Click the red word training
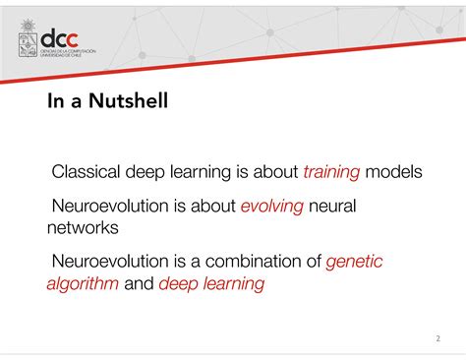click(x=331, y=173)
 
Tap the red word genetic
click(x=354, y=263)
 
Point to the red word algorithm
click(x=83, y=285)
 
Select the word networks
click(x=83, y=228)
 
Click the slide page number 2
click(x=437, y=339)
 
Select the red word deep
click(x=179, y=285)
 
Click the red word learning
click(x=234, y=285)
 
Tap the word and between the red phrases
click(x=139, y=285)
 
